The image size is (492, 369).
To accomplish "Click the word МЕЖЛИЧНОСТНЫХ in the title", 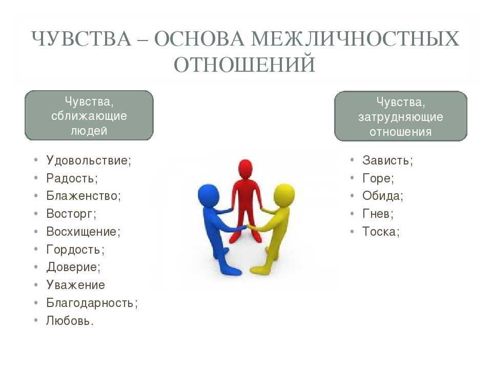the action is pyautogui.click(x=355, y=39).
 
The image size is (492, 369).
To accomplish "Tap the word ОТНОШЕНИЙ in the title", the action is pyautogui.click(x=244, y=65).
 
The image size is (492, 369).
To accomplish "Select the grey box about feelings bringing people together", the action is pyautogui.click(x=89, y=115).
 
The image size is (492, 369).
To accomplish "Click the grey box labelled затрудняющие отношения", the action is pyautogui.click(x=401, y=116).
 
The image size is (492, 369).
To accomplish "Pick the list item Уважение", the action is pyautogui.click(x=76, y=285).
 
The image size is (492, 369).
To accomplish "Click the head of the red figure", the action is pyautogui.click(x=245, y=169).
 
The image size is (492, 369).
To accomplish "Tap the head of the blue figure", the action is pyautogui.click(x=208, y=195).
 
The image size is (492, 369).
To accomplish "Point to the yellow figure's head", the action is pyautogui.click(x=284, y=195).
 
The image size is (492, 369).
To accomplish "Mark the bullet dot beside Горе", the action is pyautogui.click(x=352, y=178).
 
